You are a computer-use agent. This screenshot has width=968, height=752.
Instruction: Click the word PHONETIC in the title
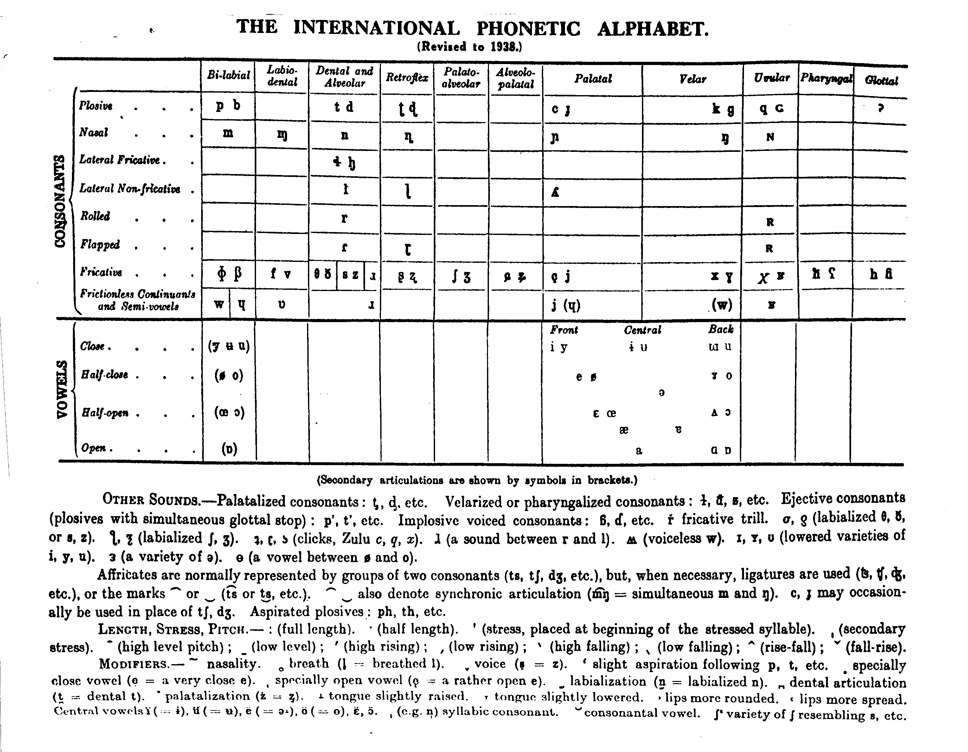pos(528,29)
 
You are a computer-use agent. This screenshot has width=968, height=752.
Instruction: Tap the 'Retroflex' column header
pos(407,78)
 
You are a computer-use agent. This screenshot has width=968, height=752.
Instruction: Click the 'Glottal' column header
pos(881,81)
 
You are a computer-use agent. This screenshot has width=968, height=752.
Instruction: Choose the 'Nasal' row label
pos(93,133)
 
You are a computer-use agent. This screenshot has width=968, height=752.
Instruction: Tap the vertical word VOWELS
pos(62,389)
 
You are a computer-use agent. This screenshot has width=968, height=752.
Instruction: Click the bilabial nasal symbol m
pos(228,133)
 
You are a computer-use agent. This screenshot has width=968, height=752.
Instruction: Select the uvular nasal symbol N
pos(770,137)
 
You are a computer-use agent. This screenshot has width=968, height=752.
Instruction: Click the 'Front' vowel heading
pos(564,330)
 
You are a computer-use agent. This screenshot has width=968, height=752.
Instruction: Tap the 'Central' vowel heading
pos(642,330)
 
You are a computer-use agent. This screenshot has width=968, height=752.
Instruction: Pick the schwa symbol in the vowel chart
pos(662,393)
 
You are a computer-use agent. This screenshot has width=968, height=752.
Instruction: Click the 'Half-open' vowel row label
pos(105,413)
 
